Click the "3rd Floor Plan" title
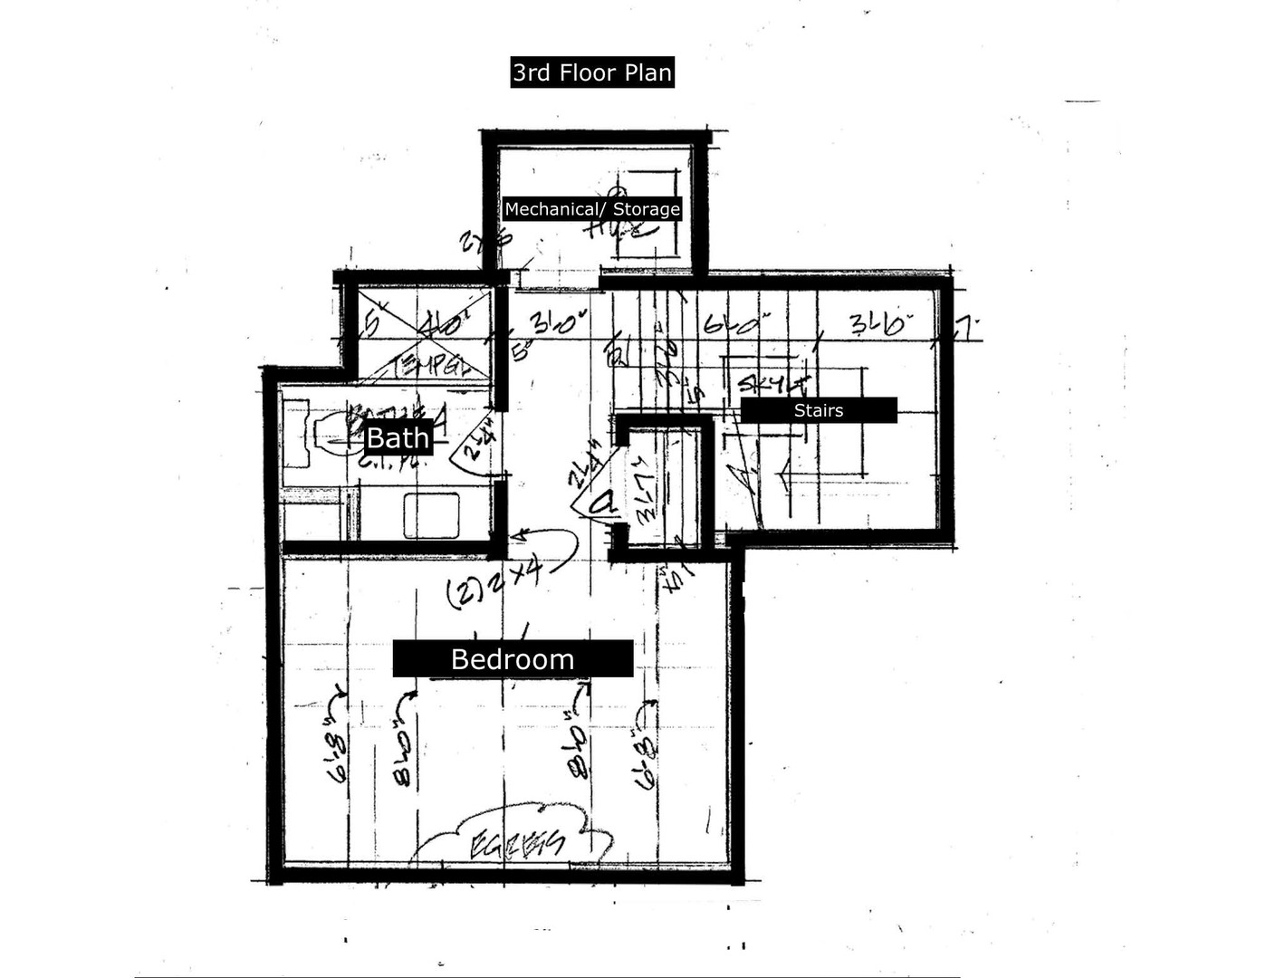(x=592, y=72)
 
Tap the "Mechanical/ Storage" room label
(x=592, y=209)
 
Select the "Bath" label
(x=398, y=438)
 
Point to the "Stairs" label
(x=819, y=410)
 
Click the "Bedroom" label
(x=513, y=658)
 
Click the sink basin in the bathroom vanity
(x=431, y=514)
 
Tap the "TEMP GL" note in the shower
(x=432, y=366)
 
